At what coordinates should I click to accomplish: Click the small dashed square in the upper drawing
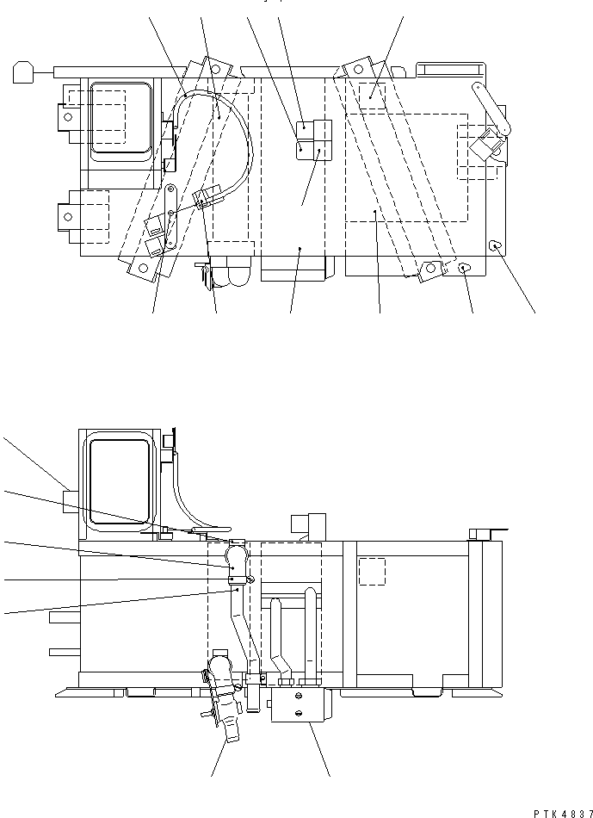(371, 95)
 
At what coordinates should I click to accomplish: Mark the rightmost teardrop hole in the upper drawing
(495, 246)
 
